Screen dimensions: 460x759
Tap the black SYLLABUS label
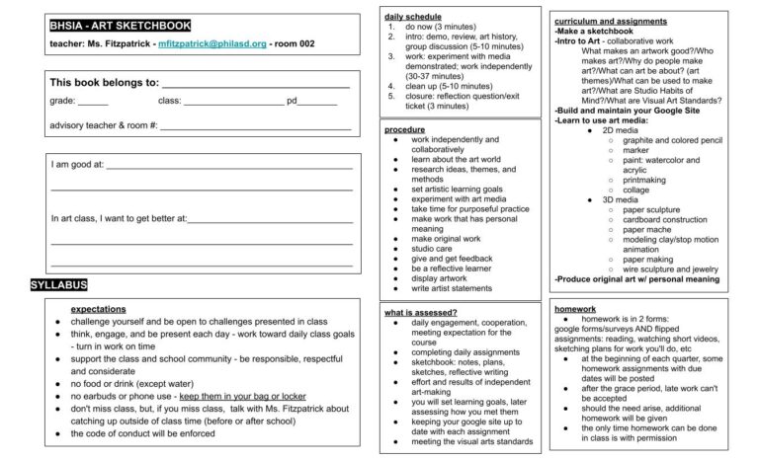tap(59, 285)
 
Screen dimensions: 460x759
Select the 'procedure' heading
tap(404, 129)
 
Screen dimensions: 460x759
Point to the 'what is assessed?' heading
tap(420, 313)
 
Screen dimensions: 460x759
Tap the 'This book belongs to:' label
tap(104, 83)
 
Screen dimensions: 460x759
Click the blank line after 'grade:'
tap(93, 104)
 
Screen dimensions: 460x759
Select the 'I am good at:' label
tap(77, 165)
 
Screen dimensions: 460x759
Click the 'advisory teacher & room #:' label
tap(104, 125)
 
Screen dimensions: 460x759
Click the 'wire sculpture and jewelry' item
tap(678, 268)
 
